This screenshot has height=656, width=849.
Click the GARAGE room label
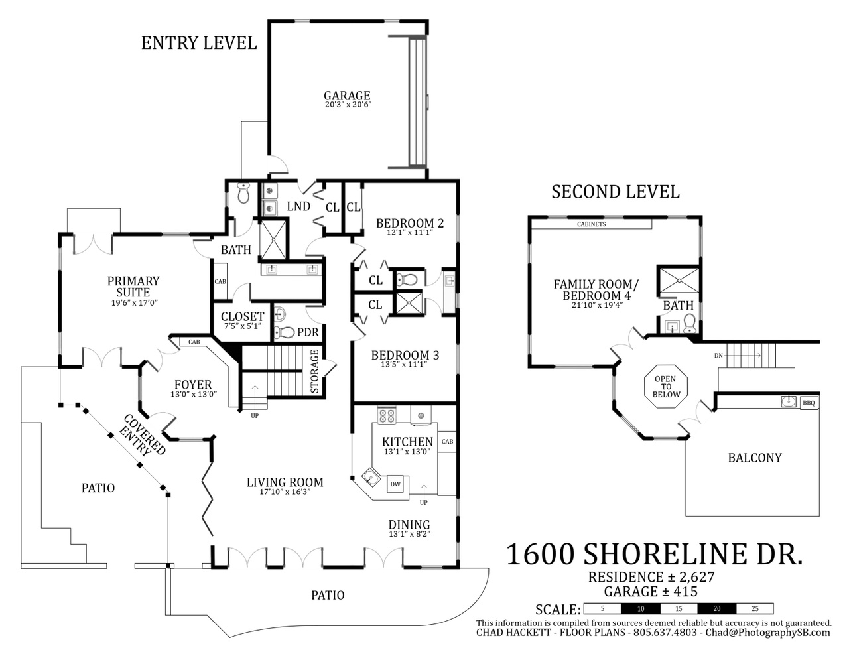(346, 96)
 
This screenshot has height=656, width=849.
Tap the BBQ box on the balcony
(809, 403)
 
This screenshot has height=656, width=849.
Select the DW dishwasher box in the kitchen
(395, 484)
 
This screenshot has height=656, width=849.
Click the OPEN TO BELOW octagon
(665, 387)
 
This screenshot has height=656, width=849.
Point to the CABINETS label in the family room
(591, 224)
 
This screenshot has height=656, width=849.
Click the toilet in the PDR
(285, 332)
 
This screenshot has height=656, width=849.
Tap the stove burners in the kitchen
(387, 415)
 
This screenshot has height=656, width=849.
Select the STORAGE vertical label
(314, 371)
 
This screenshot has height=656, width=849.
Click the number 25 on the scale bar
(755, 608)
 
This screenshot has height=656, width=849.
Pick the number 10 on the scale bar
(640, 608)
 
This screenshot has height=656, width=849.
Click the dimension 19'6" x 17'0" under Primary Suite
(134, 303)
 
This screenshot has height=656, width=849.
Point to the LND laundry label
(298, 206)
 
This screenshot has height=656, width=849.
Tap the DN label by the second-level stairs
(718, 355)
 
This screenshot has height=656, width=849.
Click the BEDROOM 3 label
(405, 355)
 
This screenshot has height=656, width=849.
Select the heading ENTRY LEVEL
(199, 43)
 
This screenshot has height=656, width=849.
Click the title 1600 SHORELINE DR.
(655, 555)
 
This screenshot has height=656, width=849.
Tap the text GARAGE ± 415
(651, 591)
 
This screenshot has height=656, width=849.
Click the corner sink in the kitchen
(370, 477)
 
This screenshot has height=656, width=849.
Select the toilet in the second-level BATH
(690, 324)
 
